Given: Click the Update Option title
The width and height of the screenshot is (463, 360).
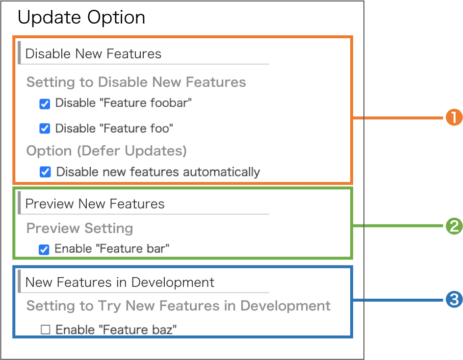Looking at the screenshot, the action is tap(81, 18).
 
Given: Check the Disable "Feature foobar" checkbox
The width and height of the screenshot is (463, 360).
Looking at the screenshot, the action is tap(45, 104).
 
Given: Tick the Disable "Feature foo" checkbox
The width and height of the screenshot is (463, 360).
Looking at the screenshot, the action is tap(45, 129).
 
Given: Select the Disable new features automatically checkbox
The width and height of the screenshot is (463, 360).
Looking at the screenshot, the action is tap(45, 172).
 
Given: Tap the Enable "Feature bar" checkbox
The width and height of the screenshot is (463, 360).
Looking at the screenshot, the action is tap(44, 250).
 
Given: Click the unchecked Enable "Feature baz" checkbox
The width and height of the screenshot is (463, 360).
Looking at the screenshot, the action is tap(46, 329).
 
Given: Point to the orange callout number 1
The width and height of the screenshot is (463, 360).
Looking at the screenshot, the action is tap(454, 117).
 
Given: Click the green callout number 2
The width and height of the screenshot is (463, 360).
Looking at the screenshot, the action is tap(454, 226).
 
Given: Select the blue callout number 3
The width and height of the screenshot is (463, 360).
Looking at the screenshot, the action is tap(454, 299).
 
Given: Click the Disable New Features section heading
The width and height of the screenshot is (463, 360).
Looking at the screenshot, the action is tap(93, 54).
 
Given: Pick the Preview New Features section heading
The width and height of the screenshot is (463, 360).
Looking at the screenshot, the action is tap(95, 204).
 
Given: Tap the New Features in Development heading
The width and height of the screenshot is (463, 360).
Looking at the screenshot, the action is tap(120, 283).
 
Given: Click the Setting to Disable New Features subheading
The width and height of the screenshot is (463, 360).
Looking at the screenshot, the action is tap(136, 82).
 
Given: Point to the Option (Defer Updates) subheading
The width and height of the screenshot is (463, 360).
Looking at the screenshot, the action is tap(106, 151).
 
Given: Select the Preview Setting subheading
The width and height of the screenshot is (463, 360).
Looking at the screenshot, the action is tap(80, 228).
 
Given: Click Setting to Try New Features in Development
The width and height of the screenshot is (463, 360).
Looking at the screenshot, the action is tap(179, 306).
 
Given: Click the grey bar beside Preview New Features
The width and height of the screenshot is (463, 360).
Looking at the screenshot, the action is tap(19, 202).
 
